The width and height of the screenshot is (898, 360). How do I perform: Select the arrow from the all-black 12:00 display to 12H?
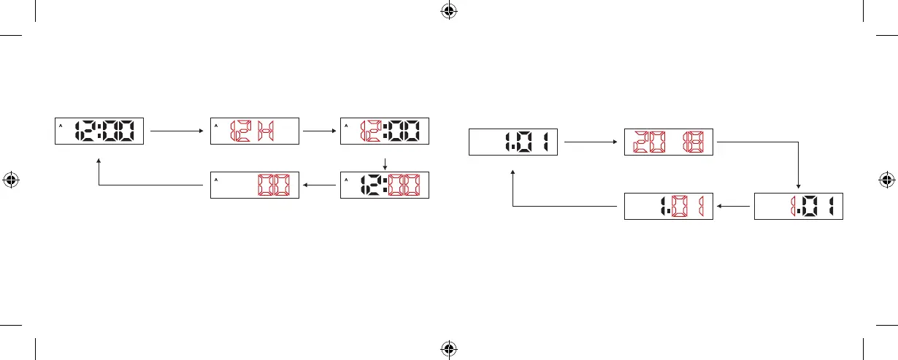[175, 131]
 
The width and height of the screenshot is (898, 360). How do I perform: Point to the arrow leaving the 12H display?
[320, 131]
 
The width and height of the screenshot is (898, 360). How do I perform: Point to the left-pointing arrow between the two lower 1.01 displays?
[733, 207]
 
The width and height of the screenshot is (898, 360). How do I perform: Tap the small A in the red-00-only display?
[216, 179]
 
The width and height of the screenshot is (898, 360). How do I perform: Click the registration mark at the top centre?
[448, 11]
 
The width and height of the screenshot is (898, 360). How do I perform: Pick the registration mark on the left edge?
[11, 179]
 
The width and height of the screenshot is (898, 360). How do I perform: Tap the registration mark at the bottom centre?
[448, 349]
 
